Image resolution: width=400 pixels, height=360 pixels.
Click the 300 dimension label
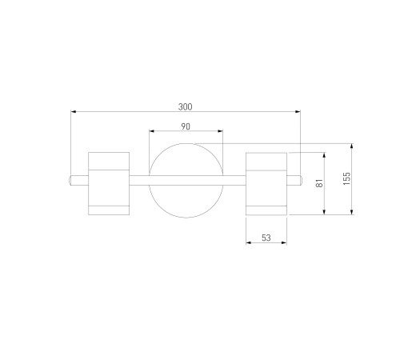coord(185,107)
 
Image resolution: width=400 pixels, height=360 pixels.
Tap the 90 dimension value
coord(186,126)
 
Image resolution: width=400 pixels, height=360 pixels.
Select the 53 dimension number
coord(266,238)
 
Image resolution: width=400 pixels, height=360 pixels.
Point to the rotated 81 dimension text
coord(319,183)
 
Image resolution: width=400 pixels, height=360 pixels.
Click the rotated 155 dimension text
coord(346,178)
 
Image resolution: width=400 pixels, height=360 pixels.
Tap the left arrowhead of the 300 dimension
coord(74,111)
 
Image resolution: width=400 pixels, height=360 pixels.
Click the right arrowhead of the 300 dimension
coord(298,111)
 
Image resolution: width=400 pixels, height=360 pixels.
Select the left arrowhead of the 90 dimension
coord(152,131)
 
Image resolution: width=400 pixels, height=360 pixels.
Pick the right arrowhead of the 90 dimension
coord(220,131)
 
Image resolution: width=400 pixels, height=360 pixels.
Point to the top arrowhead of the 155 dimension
coord(352,146)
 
